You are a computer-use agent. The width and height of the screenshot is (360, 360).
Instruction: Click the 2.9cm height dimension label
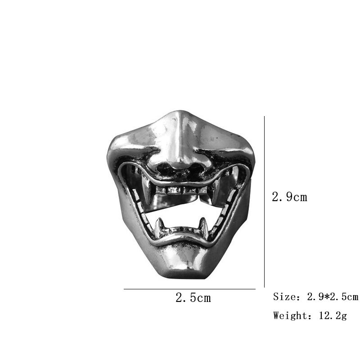coord(289,197)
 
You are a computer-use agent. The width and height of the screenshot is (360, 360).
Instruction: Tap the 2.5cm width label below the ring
coord(193,297)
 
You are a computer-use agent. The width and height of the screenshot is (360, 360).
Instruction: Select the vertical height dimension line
coord(264,202)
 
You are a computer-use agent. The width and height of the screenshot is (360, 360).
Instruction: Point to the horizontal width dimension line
coord(189,289)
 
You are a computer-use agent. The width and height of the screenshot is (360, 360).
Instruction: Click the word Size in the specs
coord(284,297)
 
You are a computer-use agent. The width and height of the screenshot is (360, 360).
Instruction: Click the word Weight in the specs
coord(290,316)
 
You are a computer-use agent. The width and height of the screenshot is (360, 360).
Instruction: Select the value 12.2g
coord(333,316)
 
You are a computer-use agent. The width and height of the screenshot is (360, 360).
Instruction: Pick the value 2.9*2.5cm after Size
coord(333,297)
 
